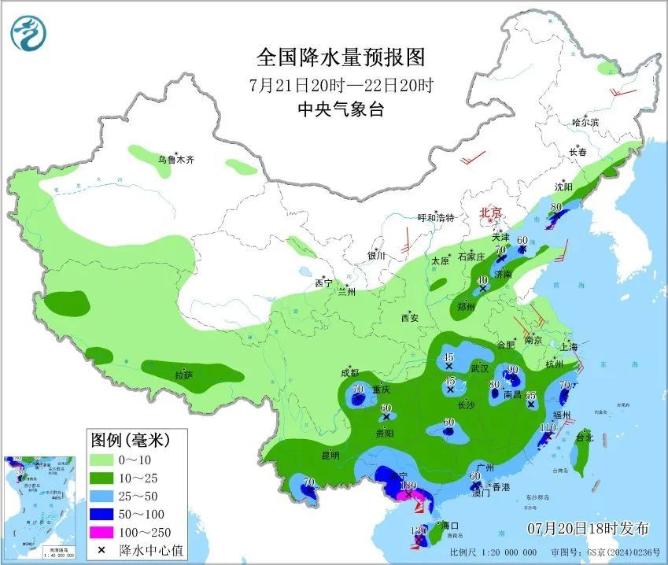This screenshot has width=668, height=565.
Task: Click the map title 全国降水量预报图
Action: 341,57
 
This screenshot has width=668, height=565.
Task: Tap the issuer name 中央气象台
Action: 341,110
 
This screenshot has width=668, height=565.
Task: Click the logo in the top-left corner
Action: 29,32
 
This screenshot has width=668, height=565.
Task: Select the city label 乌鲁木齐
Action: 175,160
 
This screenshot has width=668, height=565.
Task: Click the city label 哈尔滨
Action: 585,122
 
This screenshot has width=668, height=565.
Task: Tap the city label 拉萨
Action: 184,375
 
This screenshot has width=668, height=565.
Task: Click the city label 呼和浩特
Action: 436,218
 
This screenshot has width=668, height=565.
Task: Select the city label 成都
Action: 350,373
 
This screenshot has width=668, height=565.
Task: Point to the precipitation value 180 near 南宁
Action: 408,486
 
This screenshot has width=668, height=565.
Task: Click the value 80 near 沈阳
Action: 557,208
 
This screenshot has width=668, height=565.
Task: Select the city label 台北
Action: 584,438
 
